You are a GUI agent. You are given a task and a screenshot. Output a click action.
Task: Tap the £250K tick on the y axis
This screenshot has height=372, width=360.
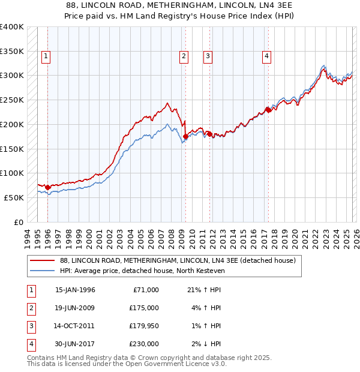tap(12, 100)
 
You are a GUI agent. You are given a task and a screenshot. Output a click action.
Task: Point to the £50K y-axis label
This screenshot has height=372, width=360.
tap(14, 197)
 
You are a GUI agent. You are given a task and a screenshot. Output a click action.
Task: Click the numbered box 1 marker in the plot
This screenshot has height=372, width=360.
tap(47, 56)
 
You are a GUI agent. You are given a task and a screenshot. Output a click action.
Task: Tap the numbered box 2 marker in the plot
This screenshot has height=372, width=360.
tap(184, 56)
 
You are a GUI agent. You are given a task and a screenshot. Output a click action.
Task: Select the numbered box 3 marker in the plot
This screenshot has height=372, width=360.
tap(208, 56)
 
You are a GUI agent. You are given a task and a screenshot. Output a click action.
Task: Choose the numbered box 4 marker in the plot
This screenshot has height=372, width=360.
tap(266, 56)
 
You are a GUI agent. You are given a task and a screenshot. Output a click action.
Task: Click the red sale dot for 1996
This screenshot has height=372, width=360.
tap(48, 187)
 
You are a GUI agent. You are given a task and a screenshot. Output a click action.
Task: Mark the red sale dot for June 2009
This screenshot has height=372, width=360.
tap(185, 136)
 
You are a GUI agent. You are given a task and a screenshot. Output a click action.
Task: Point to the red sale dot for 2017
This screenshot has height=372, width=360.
tap(268, 109)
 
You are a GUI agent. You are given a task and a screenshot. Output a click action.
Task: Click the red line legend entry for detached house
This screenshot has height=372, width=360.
tap(178, 261)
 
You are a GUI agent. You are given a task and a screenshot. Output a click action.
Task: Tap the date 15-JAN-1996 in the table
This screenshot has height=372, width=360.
tap(75, 290)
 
